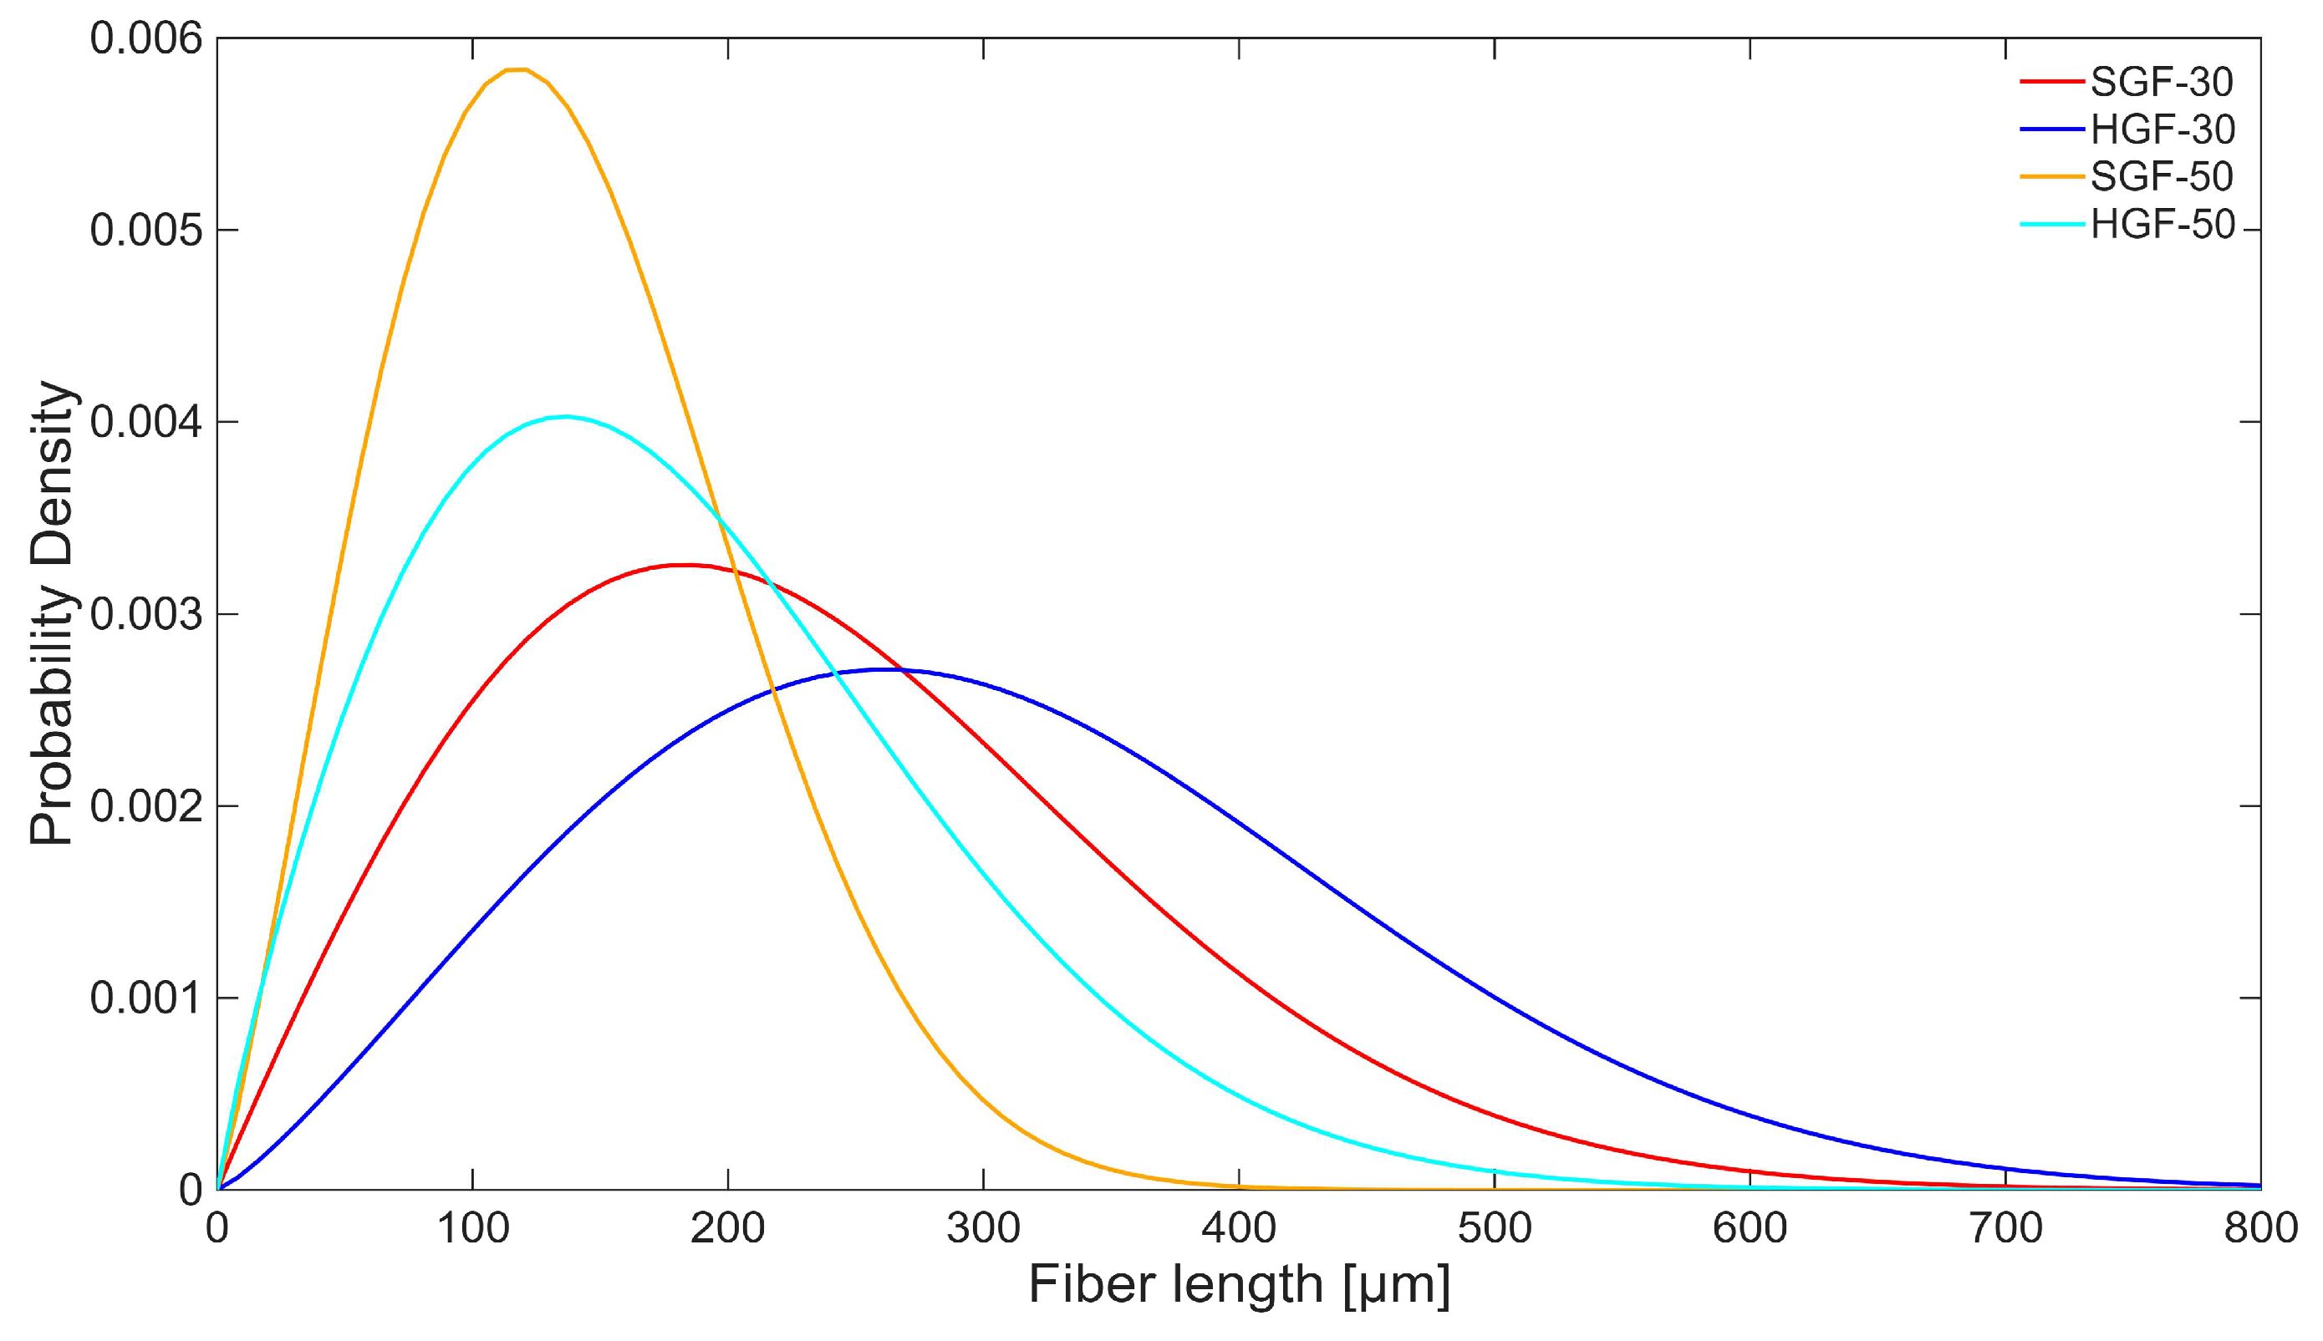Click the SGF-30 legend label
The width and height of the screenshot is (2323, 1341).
[2162, 82]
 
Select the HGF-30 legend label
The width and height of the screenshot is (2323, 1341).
[2162, 129]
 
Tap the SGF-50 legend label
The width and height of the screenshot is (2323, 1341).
[2162, 176]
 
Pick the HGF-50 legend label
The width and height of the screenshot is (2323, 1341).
[2162, 224]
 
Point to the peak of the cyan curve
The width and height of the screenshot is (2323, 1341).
[566, 416]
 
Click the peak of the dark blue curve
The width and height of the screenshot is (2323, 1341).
[886, 669]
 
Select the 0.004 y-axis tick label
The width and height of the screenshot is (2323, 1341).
[145, 422]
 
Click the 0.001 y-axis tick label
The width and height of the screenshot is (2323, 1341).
[145, 998]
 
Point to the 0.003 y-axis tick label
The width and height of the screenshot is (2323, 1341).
[145, 614]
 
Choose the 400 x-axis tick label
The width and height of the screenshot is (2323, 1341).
[1240, 1227]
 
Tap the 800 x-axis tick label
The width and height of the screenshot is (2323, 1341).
[2260, 1227]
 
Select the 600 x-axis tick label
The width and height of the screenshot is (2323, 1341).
[1750, 1227]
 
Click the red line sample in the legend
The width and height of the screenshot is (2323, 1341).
[2051, 82]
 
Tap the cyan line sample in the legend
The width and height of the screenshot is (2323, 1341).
[2051, 224]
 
